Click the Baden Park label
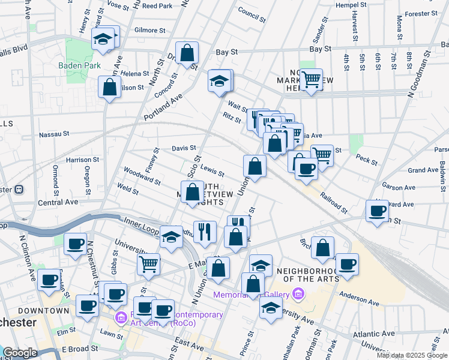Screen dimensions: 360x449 [x=79, y=65]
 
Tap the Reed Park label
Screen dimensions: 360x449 [x=158, y=6]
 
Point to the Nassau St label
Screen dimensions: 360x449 [x=55, y=134]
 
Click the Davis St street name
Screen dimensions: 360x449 [x=184, y=148]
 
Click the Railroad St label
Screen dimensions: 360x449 [x=334, y=203]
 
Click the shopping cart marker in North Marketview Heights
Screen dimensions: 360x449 [x=311, y=79]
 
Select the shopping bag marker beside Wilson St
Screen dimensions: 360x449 [x=110, y=86]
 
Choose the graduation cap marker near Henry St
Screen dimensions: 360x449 [x=103, y=40]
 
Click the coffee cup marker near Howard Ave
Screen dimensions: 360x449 [x=378, y=211]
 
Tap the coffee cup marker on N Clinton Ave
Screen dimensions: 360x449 [x=49, y=280]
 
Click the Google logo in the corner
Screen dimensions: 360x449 [x=19, y=353]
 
